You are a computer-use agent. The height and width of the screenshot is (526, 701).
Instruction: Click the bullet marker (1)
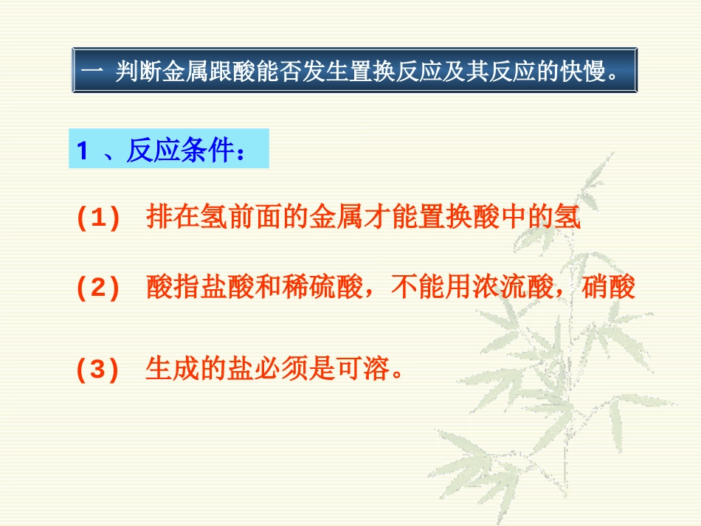click(x=98, y=220)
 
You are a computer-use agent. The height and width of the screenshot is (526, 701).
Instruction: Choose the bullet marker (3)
click(x=98, y=370)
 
